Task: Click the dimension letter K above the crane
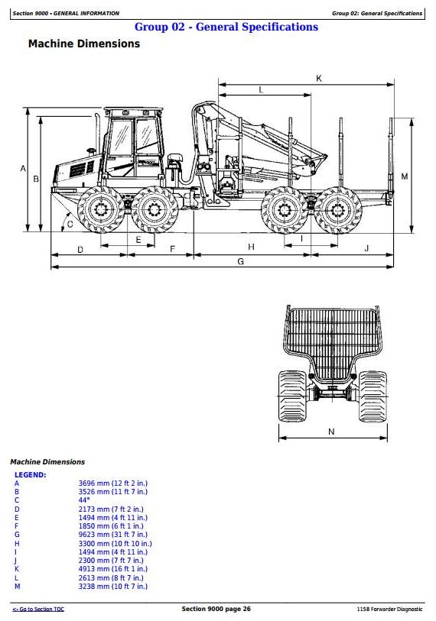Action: pyautogui.click(x=319, y=79)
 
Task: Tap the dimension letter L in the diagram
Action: pyautogui.click(x=261, y=90)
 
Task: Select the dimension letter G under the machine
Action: pyautogui.click(x=240, y=261)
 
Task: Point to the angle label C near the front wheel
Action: pyautogui.click(x=70, y=224)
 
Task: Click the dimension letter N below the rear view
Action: pyautogui.click(x=332, y=432)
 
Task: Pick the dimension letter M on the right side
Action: pyautogui.click(x=405, y=176)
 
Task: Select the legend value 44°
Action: pyautogui.click(x=83, y=500)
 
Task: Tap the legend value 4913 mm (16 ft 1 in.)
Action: pyautogui.click(x=112, y=569)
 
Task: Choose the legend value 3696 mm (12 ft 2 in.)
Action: pyautogui.click(x=112, y=484)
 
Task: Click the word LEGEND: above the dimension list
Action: pyautogui.click(x=30, y=474)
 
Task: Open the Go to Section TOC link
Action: pyautogui.click(x=38, y=609)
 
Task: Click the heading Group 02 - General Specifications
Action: pyautogui.click(x=226, y=27)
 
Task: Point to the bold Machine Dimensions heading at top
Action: pyautogui.click(x=84, y=44)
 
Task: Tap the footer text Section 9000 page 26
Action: pyautogui.click(x=216, y=609)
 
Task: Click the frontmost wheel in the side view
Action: pyautogui.click(x=100, y=209)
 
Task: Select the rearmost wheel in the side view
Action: pyautogui.click(x=338, y=210)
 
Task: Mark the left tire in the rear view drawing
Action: pyautogui.click(x=292, y=396)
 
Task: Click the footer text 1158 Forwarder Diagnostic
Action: pyautogui.click(x=389, y=609)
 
